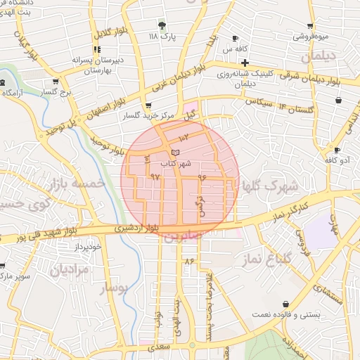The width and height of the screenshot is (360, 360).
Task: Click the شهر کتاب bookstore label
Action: coord(176,163)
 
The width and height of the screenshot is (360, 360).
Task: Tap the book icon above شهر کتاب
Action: coord(175,152)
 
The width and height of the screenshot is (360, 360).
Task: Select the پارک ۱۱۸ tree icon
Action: coord(163,26)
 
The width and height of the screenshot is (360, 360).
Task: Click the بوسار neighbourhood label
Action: coord(114,288)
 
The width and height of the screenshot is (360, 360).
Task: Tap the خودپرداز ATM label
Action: coord(89,248)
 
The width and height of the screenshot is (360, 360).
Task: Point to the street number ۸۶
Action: coord(188,261)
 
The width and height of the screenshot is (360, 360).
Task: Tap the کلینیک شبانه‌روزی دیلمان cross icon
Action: coord(244,63)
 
